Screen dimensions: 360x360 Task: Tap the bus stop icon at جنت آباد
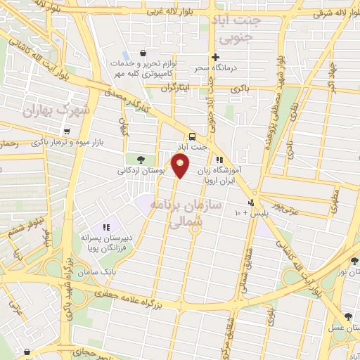point(192,136)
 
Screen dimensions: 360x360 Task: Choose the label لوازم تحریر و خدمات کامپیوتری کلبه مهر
point(144,67)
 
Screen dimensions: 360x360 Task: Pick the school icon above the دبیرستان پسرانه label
point(107,227)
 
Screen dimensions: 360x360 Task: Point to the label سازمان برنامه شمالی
point(195,211)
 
